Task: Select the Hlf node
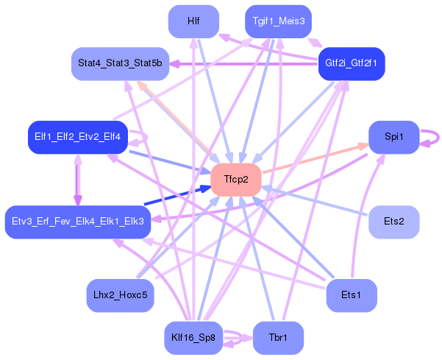point(193,21)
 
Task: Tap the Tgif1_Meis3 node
point(278,21)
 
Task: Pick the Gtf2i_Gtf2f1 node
point(351,63)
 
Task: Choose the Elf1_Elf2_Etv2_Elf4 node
point(77,137)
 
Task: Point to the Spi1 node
point(393,137)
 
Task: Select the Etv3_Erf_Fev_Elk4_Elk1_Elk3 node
point(78,222)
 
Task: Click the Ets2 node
point(393,222)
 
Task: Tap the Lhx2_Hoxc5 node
point(121,295)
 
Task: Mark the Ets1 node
point(351,295)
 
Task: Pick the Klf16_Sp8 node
point(193,339)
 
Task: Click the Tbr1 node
point(277,339)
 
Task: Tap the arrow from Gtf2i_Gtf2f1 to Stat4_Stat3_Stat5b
point(243,64)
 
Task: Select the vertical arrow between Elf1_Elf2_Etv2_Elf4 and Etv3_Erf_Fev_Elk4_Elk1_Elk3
point(77,180)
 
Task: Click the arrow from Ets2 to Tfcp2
point(316,201)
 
